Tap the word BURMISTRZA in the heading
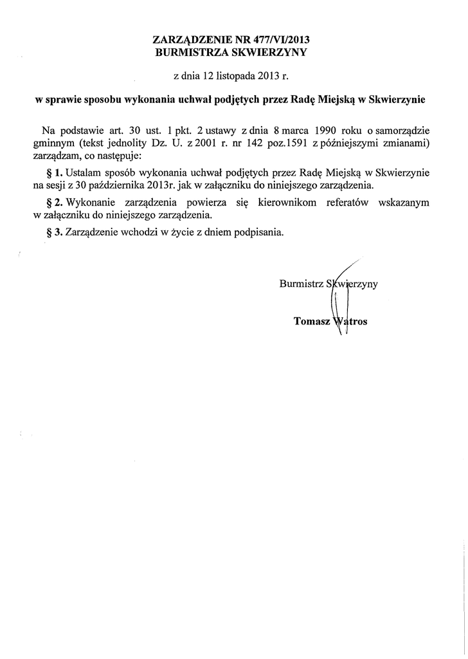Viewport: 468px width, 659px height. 191,53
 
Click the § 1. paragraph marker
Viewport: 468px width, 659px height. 53,172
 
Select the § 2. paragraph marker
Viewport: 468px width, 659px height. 53,202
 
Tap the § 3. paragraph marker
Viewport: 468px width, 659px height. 53,232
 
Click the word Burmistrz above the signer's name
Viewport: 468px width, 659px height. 301,283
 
